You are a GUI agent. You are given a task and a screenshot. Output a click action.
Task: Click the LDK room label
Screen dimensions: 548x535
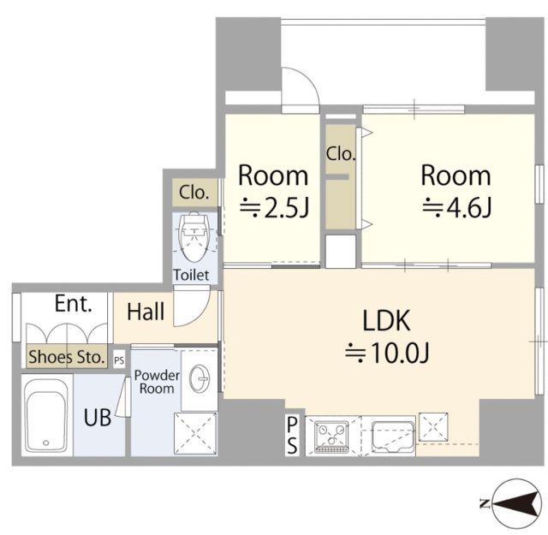[386, 320]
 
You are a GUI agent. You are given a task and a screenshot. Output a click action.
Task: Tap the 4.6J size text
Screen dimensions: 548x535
[456, 207]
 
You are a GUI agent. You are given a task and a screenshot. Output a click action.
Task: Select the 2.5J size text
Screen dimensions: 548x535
[274, 207]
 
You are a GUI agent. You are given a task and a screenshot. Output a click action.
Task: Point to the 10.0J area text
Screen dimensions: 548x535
[387, 352]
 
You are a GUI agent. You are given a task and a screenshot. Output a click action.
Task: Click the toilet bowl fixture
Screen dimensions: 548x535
[194, 237]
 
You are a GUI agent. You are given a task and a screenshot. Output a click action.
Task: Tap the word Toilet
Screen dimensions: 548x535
[191, 275]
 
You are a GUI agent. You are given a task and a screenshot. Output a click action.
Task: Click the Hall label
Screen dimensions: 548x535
[146, 312]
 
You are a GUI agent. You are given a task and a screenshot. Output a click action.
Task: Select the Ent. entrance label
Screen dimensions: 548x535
[74, 304]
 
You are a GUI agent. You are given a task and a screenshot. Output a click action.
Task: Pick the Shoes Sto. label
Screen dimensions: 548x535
[67, 357]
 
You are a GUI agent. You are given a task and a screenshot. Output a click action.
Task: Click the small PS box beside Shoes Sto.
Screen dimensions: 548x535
[119, 360]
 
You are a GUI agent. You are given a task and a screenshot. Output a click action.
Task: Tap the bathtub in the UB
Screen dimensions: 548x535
[46, 415]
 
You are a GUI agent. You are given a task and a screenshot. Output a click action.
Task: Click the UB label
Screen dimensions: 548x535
[98, 418]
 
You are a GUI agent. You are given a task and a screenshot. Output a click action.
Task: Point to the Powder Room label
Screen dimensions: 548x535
[157, 382]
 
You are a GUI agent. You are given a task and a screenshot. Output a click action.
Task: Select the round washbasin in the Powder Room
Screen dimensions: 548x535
[200, 378]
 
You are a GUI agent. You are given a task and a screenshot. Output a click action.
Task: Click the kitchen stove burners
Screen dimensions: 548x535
[331, 437]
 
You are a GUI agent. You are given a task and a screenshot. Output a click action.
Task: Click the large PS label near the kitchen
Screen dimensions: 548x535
[292, 436]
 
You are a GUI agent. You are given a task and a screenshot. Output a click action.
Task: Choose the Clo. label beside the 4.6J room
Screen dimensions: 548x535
[341, 153]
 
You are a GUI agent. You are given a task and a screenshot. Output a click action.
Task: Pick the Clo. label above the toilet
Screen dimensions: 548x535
[194, 193]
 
